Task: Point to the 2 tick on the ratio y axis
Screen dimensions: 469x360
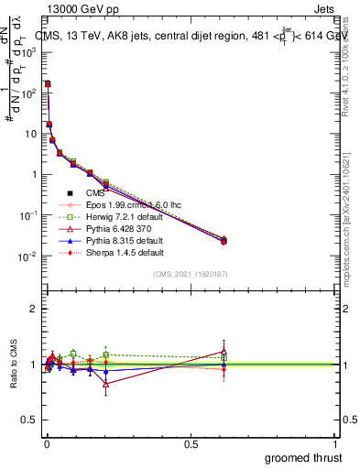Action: point(33,309)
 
